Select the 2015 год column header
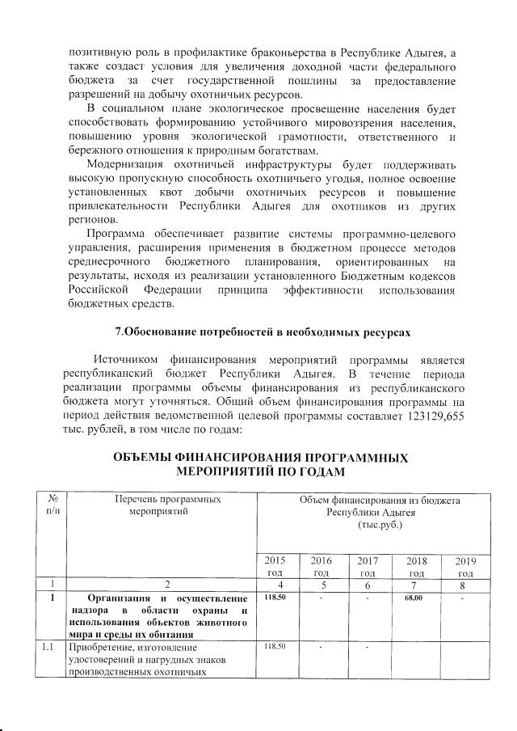pyautogui.click(x=275, y=566)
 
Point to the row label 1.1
pyautogui.click(x=53, y=646)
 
